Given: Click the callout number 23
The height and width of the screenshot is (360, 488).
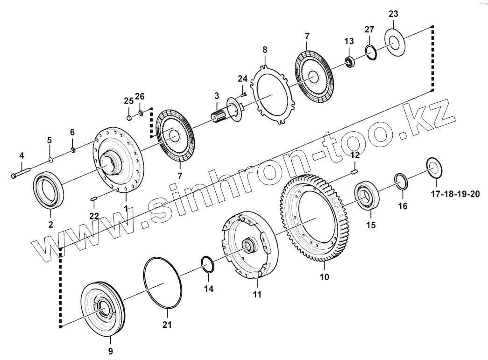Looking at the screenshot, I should (x=393, y=14).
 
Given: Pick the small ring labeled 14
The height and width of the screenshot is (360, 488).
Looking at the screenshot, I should (x=208, y=264).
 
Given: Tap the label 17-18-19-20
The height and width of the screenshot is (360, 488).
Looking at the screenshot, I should (x=455, y=194).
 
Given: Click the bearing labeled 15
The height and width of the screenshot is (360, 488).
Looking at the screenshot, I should (x=368, y=197).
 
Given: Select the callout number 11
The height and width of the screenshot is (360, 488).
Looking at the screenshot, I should (x=257, y=295).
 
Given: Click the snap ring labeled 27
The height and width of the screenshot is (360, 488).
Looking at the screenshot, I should (x=371, y=52).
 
